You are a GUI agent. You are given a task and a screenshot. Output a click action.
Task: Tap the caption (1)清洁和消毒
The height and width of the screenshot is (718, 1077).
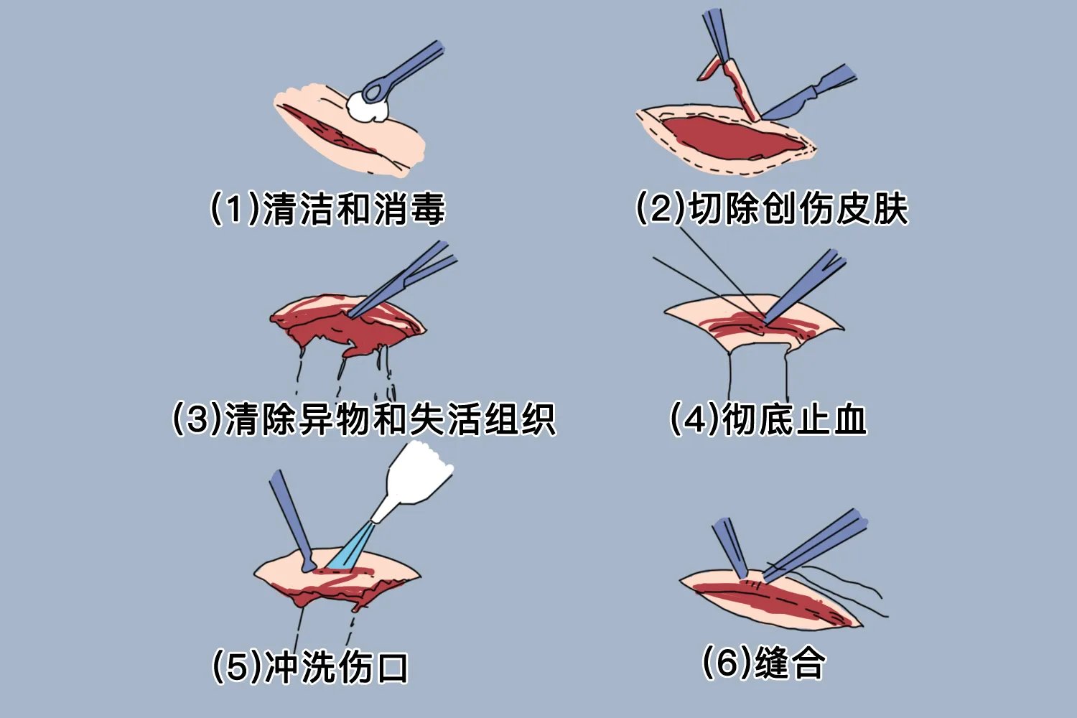327,209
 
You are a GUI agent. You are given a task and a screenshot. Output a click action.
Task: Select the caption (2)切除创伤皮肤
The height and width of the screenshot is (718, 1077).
772,209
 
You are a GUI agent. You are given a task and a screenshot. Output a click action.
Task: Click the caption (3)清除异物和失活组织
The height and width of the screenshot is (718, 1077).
364,419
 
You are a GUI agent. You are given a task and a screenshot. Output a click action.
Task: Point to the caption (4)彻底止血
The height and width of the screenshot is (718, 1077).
768,419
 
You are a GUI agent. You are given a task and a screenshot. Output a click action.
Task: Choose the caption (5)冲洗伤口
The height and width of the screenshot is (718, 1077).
310,667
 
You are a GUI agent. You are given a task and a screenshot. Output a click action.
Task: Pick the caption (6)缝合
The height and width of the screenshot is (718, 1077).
763,662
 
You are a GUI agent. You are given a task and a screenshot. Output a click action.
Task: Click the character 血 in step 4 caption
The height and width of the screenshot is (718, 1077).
851,419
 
